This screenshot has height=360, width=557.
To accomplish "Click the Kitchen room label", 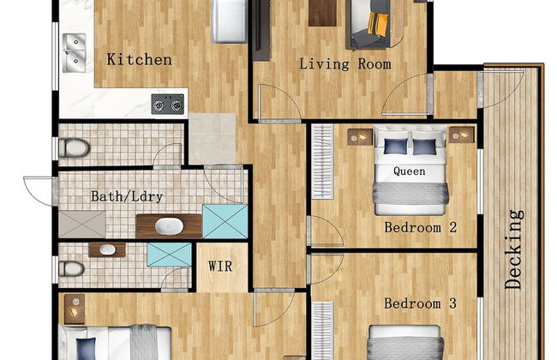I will [x=139, y=60].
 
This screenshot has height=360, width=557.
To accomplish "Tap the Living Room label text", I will [x=344, y=64].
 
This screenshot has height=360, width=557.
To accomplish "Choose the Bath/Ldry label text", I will [x=127, y=196].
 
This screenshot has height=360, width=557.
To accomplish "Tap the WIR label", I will [x=220, y=266].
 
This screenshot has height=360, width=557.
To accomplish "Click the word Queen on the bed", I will [x=410, y=171].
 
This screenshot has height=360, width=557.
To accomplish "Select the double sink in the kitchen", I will [x=75, y=51].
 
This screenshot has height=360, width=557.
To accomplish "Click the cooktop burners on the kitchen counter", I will [x=168, y=104].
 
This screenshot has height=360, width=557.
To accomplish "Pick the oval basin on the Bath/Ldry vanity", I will [x=168, y=226].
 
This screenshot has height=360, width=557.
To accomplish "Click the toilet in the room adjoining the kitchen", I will [x=75, y=147].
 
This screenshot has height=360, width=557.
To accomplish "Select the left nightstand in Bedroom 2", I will [x=356, y=136].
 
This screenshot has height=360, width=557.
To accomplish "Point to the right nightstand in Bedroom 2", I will [x=461, y=135].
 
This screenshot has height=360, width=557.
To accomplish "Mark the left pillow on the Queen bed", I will [x=395, y=147].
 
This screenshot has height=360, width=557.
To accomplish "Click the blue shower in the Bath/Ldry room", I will [x=225, y=221].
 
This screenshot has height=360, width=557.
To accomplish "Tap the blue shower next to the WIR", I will [x=169, y=255].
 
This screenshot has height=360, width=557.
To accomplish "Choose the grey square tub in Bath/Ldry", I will [x=83, y=224].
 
